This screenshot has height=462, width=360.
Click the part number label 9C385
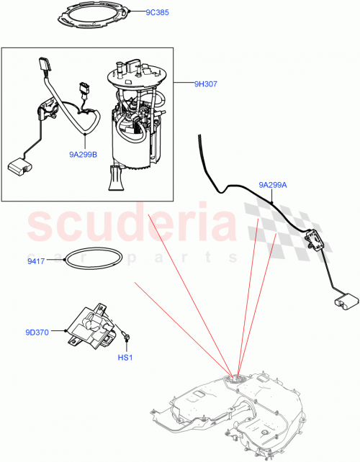(158, 14)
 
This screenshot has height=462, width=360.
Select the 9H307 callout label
(206, 84)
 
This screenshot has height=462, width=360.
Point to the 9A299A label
(274, 185)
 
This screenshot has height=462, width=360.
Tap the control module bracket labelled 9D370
(90, 327)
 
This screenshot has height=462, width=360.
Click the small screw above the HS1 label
(127, 335)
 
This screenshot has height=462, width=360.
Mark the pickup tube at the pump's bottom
(115, 179)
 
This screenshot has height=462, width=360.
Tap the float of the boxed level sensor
(17, 167)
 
